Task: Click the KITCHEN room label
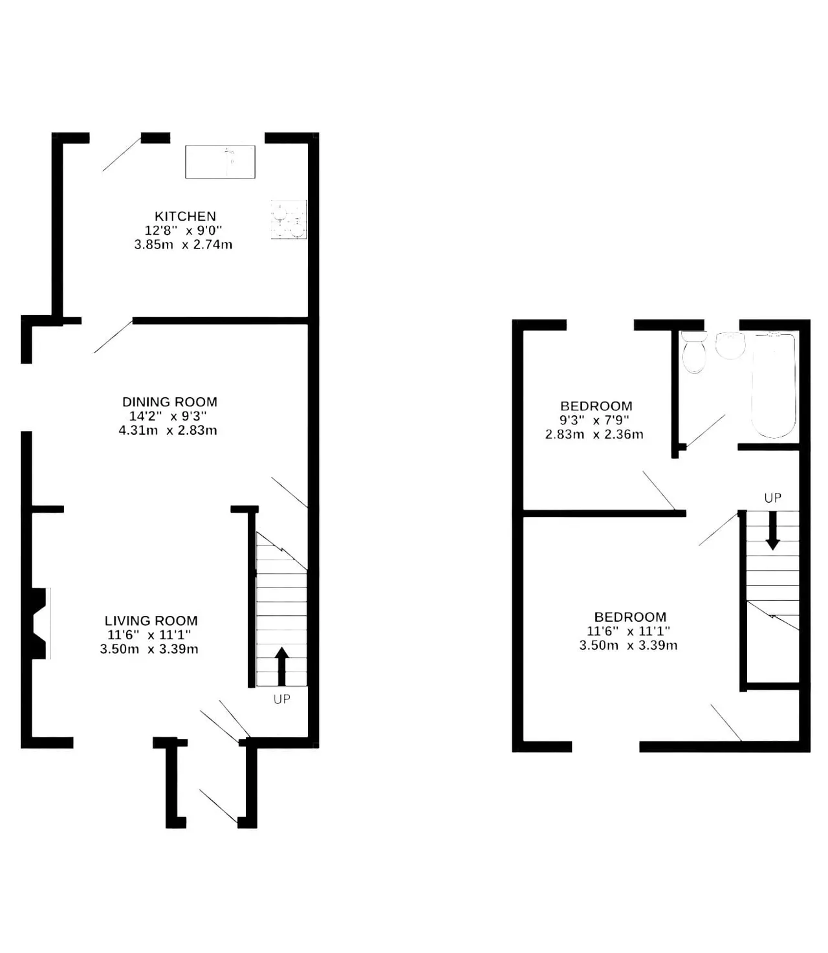click(185, 216)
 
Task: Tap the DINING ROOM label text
click(169, 402)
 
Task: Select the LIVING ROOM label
click(151, 620)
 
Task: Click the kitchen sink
click(220, 162)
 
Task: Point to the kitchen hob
click(289, 219)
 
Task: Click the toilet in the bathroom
click(694, 352)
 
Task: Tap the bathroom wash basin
click(730, 345)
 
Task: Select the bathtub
click(774, 385)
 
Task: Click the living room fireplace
click(38, 624)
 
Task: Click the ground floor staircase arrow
click(281, 666)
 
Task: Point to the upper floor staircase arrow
click(772, 531)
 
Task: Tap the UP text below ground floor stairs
click(282, 699)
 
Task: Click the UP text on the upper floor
click(772, 498)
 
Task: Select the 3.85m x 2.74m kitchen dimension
click(184, 245)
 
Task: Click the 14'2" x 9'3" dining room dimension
click(168, 416)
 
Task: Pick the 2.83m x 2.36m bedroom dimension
click(594, 434)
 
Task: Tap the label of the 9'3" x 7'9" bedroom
click(596, 406)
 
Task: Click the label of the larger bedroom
click(630, 617)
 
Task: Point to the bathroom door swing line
click(705, 431)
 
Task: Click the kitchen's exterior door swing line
click(122, 154)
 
